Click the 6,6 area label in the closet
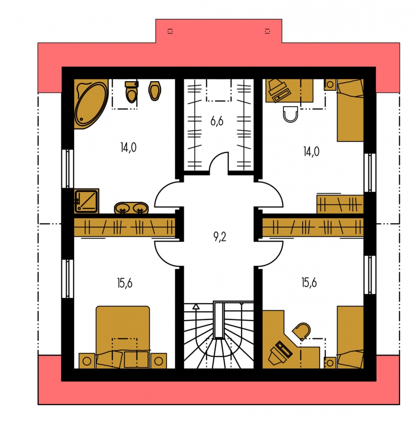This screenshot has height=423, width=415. pyautogui.click(x=217, y=121)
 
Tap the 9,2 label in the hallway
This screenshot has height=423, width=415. pyautogui.click(x=220, y=237)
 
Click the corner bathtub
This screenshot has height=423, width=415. pyautogui.click(x=91, y=104)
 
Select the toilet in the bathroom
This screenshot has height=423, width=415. pyautogui.click(x=132, y=92)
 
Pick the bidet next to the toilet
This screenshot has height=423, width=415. pyautogui.click(x=155, y=91)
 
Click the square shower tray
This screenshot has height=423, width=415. pyautogui.click(x=86, y=201)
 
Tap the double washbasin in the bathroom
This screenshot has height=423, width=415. pyautogui.click(x=132, y=208)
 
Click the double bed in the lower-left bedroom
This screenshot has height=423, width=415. pyautogui.click(x=123, y=337)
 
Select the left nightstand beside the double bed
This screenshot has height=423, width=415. pyautogui.click(x=87, y=360)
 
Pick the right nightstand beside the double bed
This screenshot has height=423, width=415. pyautogui.click(x=159, y=360)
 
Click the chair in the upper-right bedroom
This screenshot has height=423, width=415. pyautogui.click(x=290, y=114)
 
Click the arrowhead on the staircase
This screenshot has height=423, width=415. pyautogui.click(x=196, y=306)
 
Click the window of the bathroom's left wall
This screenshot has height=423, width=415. pyautogui.click(x=68, y=169)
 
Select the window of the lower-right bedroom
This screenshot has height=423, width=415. pyautogui.click(x=370, y=274)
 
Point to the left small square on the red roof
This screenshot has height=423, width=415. pyautogui.click(x=170, y=31)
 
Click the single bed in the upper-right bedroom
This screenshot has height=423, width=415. pyautogui.click(x=350, y=110)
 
